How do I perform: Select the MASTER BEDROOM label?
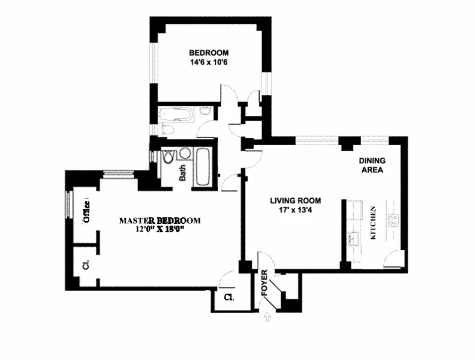pos(160,220)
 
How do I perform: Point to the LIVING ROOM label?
pos(295,201)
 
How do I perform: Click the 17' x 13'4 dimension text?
pos(295,211)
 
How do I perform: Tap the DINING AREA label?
pos(371,165)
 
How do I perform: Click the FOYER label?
pos(264,284)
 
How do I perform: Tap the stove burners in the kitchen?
pos(395,220)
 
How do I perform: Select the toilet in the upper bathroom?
pos(168,130)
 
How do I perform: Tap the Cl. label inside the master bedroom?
pos(86,264)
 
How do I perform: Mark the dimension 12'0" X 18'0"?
pos(160,229)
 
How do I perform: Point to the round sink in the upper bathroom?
pos(204,113)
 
